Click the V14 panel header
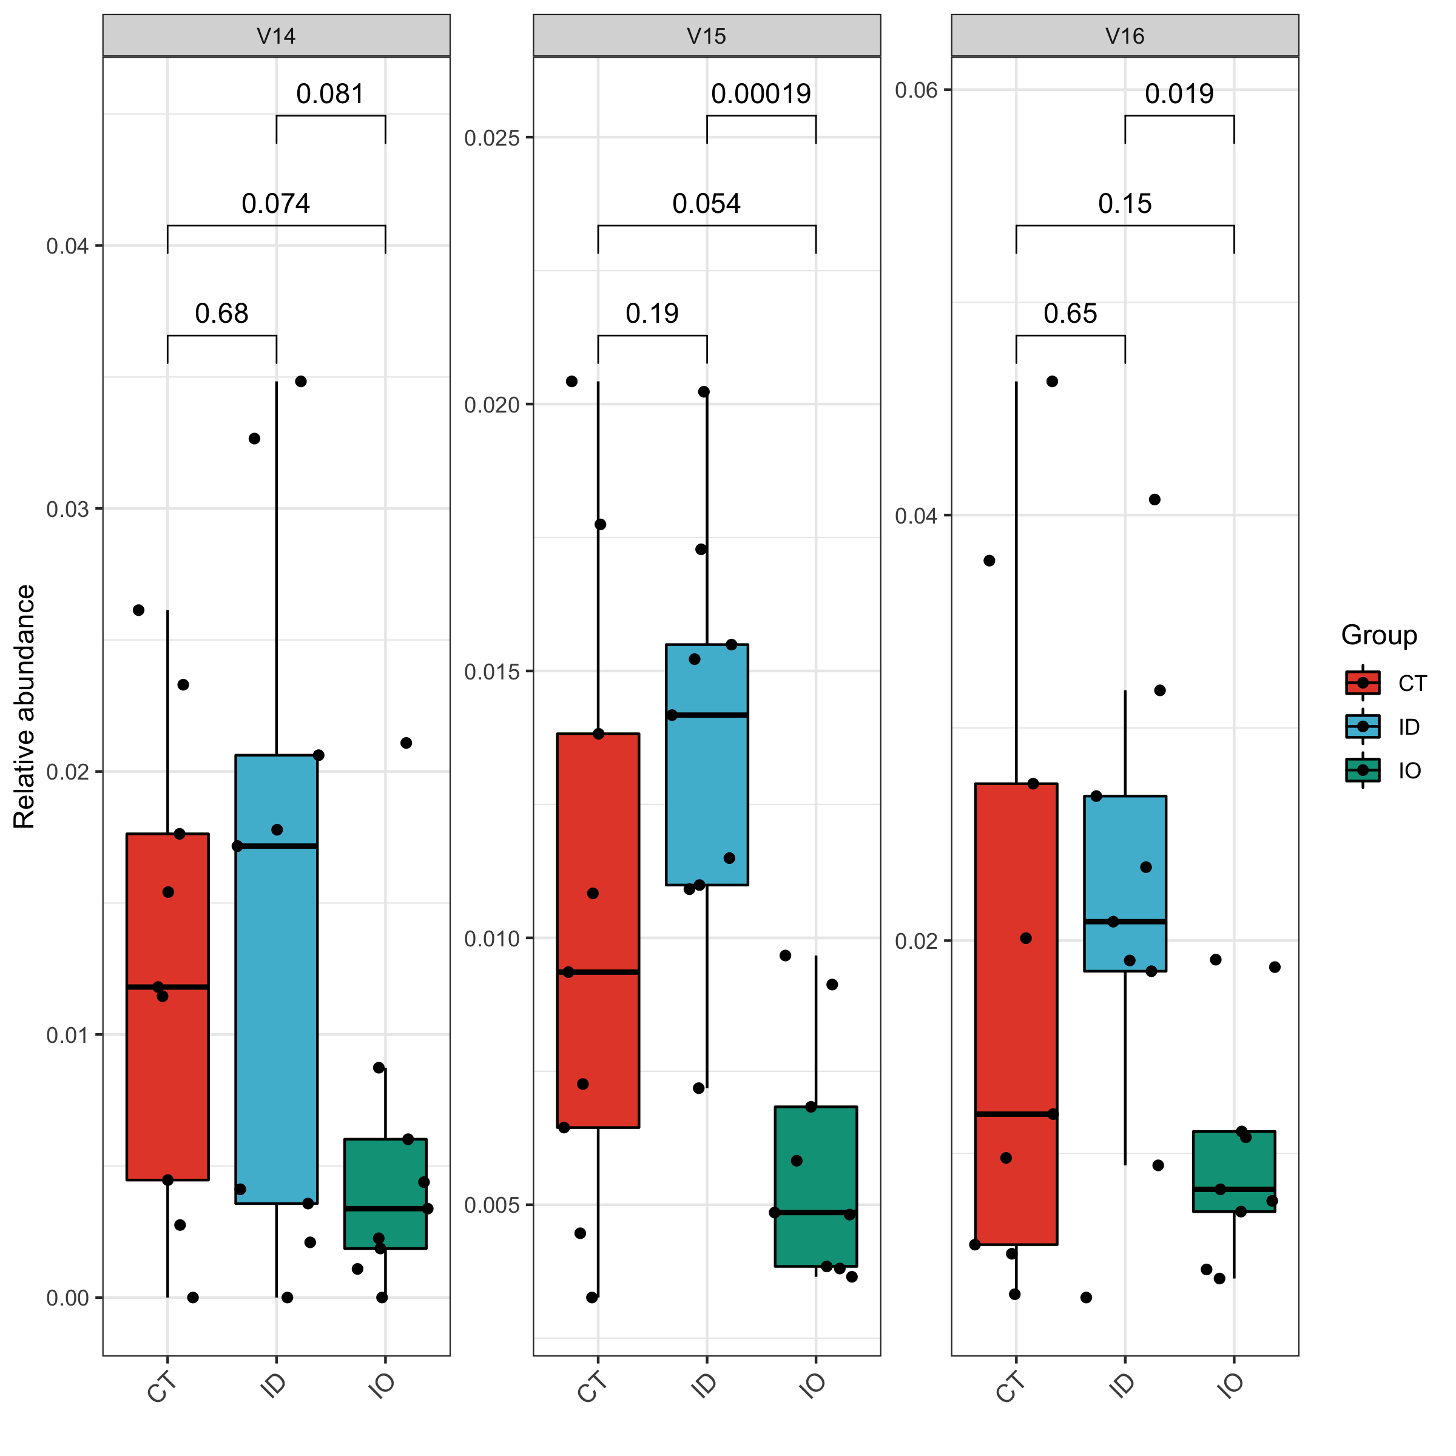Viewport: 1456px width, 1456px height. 276,35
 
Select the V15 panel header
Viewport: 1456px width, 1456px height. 706,35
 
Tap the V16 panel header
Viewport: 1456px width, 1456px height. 1124,35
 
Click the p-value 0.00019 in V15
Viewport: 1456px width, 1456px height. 761,94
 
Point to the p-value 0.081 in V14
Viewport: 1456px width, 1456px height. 330,94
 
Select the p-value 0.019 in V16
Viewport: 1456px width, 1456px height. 1179,94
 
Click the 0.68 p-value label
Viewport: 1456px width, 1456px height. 221,314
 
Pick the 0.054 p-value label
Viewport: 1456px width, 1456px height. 706,203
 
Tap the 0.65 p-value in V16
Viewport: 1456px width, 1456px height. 1070,314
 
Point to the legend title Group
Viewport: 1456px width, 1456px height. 1378,635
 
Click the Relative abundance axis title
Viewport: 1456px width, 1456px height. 25,707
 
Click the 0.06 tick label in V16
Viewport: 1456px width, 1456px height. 915,90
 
